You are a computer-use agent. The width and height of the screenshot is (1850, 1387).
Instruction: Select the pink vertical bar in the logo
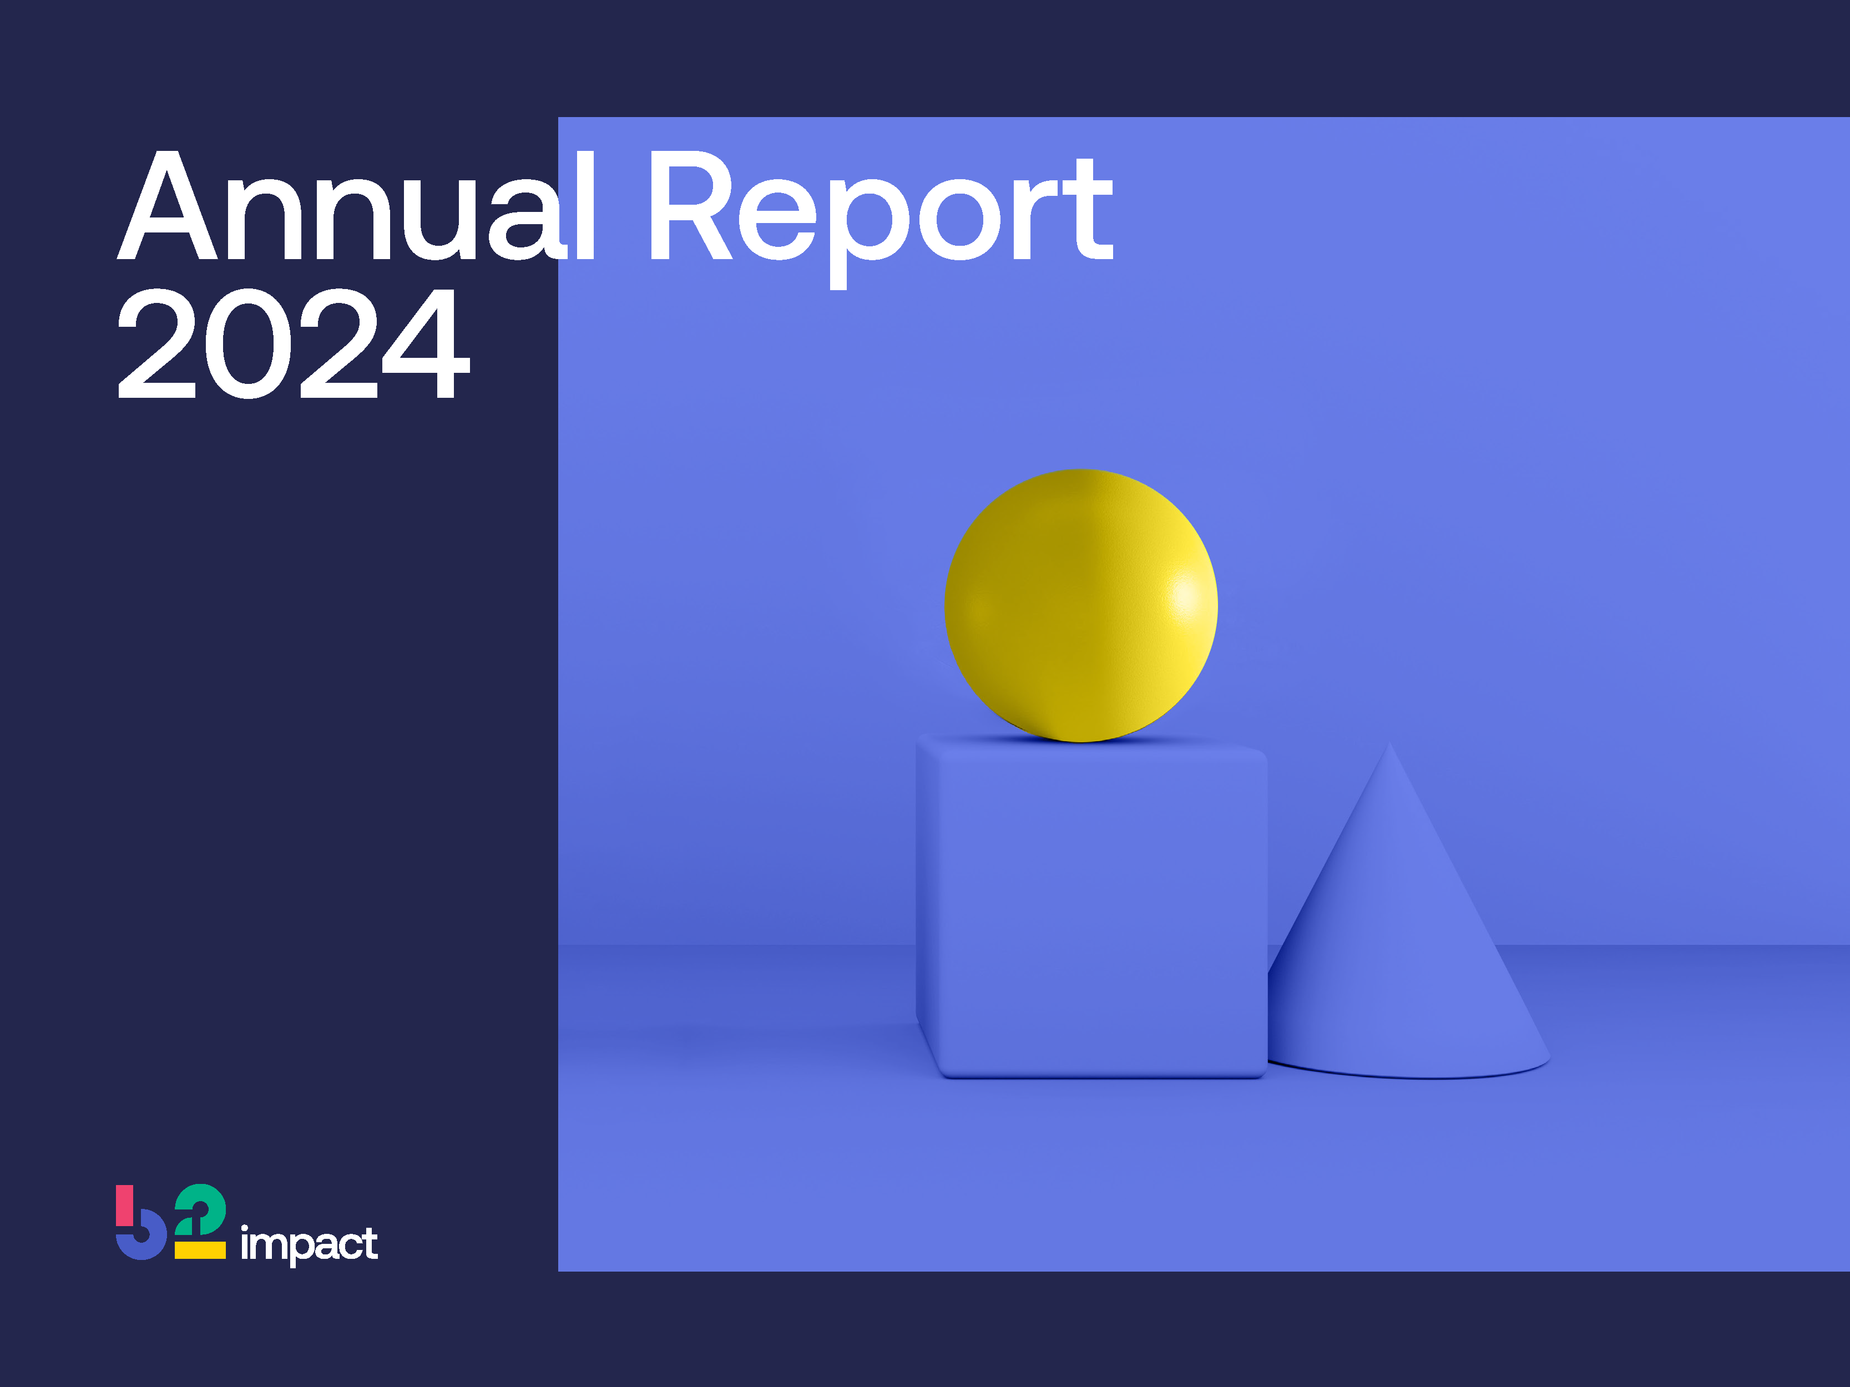(x=124, y=1204)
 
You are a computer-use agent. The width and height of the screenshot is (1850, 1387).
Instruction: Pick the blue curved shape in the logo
(x=142, y=1244)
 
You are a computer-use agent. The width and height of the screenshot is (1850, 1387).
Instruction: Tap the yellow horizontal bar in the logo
(x=200, y=1250)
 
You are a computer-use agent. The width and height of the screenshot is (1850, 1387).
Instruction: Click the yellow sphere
(x=1080, y=605)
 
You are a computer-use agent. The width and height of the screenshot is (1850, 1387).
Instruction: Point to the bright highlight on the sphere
(x=1186, y=595)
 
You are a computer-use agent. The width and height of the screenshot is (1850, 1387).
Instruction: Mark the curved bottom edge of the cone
(x=1422, y=1076)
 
